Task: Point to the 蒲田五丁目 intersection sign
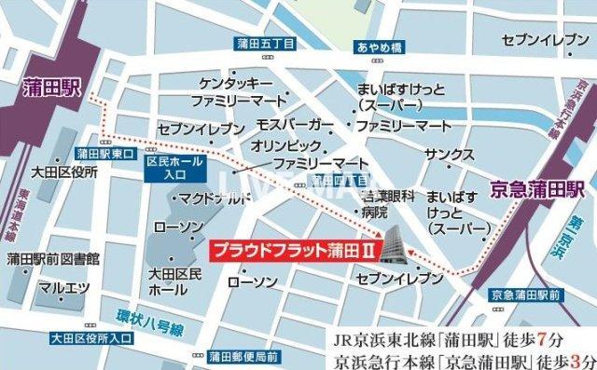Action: click(265, 44)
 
